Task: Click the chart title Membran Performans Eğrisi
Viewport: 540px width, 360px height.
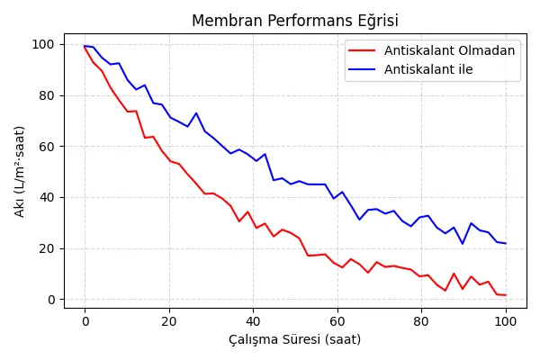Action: pos(295,22)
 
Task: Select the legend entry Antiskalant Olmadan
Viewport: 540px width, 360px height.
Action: pos(449,50)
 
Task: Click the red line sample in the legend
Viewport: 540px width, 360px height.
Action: pos(363,50)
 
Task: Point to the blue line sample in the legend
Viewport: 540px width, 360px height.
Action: pos(363,69)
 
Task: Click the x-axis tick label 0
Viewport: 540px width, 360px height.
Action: pos(85,320)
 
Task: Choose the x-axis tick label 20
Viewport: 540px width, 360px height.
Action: pos(169,320)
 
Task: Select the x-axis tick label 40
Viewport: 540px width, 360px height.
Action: pos(253,320)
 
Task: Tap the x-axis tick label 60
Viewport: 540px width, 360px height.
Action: pos(337,320)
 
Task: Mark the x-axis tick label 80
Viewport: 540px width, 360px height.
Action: pos(421,320)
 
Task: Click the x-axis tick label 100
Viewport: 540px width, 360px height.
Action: pos(506,320)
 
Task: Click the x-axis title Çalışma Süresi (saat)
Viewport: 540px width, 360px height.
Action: pos(295,340)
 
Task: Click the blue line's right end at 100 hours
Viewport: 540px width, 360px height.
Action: pos(506,243)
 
